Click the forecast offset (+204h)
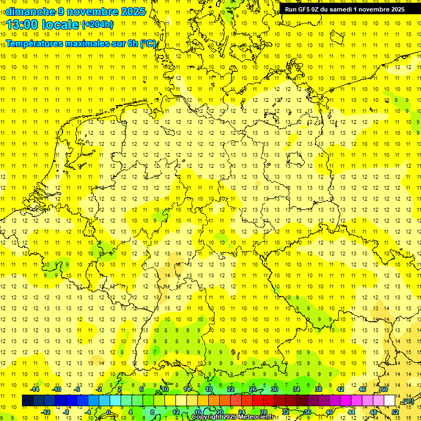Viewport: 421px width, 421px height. pyautogui.click(x=98, y=25)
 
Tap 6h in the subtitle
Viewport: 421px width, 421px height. pyautogui.click(x=132, y=43)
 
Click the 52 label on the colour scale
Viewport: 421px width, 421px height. pyautogui.click(x=395, y=412)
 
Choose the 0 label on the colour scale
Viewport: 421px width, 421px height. pyautogui.click(x=109, y=412)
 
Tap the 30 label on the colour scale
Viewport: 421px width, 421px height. pyautogui.click(x=274, y=389)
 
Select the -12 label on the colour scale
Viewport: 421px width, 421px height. pyautogui.click(x=45, y=412)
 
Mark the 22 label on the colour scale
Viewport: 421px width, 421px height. pyautogui.click(x=231, y=389)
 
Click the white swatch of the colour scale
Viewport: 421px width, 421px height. pyautogui.click(x=390, y=401)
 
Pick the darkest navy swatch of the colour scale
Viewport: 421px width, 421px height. pyautogui.click(x=27, y=401)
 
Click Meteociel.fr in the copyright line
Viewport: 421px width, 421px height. pyautogui.click(x=257, y=417)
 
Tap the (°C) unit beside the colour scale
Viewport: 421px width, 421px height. pyautogui.click(x=407, y=402)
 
